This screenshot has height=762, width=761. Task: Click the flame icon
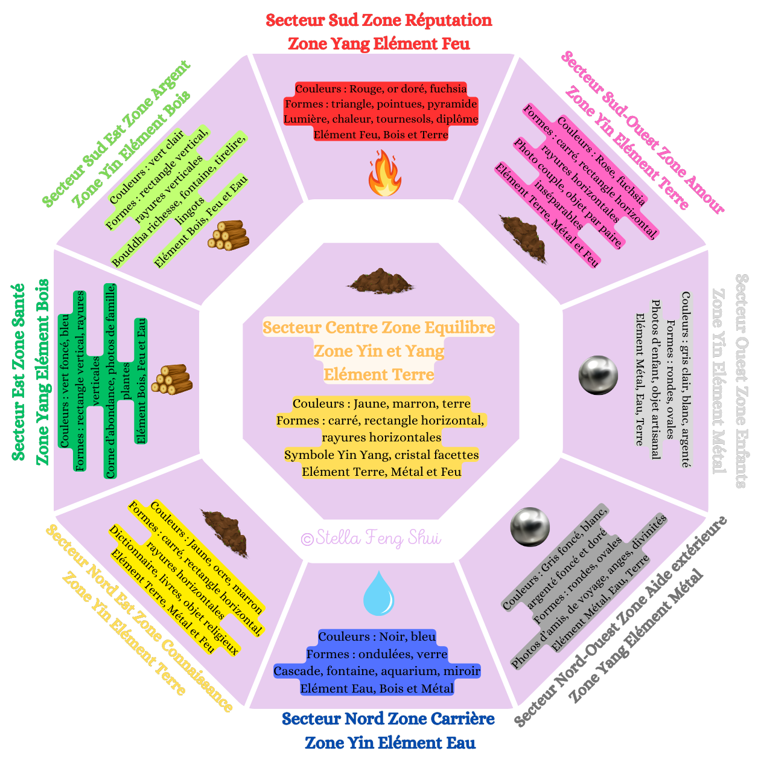pos(384,174)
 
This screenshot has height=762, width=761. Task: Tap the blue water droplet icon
pos(378,594)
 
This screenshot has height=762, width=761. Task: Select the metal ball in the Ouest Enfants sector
pos(598,375)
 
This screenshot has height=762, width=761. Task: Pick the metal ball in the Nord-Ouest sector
pos(530,527)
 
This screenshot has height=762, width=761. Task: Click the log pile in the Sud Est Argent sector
pos(229,235)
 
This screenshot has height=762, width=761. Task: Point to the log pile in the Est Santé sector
pos(172,380)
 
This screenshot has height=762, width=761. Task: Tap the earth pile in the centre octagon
pos(380,281)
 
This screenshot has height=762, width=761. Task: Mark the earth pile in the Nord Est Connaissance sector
pos(224,531)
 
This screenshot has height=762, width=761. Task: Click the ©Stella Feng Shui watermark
pos(371,538)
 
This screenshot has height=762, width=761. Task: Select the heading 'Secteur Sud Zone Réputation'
pos(379,21)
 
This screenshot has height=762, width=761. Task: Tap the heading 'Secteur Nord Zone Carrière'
pos(388,719)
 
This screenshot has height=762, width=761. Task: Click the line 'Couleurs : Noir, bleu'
pos(377,637)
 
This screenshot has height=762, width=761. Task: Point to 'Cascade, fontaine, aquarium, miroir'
pos(377,671)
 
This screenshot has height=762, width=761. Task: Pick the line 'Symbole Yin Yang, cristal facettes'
pos(381,455)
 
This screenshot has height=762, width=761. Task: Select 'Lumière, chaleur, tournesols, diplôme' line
pos(381,119)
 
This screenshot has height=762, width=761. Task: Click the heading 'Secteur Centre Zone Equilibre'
pos(379,328)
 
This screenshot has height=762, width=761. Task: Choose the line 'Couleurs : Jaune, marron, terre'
pos(381,403)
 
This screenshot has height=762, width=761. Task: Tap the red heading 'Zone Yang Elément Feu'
pos(379,43)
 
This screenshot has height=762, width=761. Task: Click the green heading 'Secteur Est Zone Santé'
pos(19,371)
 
